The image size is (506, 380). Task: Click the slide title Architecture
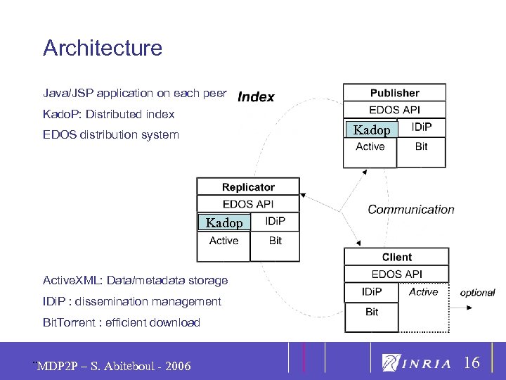(x=103, y=48)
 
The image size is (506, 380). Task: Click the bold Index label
(x=257, y=97)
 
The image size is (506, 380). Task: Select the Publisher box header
(x=394, y=93)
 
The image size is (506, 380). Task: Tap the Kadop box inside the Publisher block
(x=371, y=129)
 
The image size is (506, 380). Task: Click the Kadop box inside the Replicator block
(x=224, y=222)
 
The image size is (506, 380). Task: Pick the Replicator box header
(x=248, y=187)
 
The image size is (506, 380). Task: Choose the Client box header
(x=396, y=257)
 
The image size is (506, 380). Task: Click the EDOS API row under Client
(x=396, y=274)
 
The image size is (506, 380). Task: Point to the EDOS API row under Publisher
(x=394, y=110)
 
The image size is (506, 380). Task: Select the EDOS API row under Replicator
(x=248, y=204)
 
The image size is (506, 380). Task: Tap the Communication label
(x=411, y=209)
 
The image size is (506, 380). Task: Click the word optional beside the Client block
(x=477, y=292)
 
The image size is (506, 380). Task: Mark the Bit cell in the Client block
(x=372, y=312)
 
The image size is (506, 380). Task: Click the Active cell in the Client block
(x=423, y=291)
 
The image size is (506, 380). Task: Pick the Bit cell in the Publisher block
(x=421, y=146)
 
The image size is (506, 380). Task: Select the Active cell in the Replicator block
(x=223, y=241)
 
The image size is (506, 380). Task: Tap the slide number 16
(x=472, y=363)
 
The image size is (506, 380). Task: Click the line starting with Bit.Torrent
(x=122, y=322)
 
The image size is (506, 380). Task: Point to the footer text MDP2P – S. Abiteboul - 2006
(x=114, y=366)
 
